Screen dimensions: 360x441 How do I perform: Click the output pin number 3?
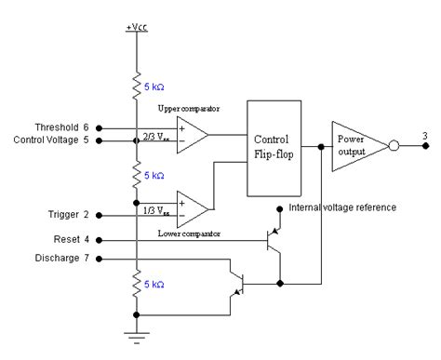[x=425, y=137]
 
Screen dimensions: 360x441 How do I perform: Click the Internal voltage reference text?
[x=342, y=207]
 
